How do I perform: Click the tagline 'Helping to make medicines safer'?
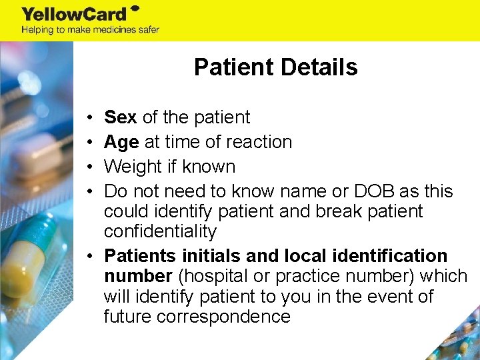tap(90, 30)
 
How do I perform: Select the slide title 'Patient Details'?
tap(275, 67)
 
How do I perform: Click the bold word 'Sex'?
tap(121, 117)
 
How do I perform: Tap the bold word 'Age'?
tap(121, 142)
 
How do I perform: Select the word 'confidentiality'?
tap(161, 232)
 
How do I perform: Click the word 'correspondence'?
tap(223, 317)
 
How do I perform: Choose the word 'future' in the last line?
tap(127, 317)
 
